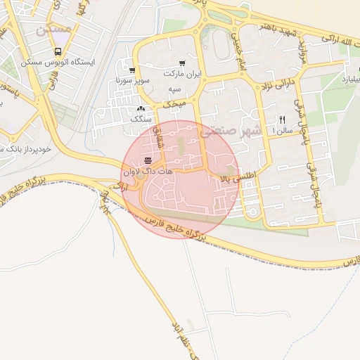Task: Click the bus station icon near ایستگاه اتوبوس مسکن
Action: [58, 51]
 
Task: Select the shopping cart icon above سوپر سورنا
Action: [131, 70]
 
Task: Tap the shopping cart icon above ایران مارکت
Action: [183, 63]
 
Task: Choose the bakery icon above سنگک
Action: [141, 108]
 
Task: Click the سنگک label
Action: [141, 120]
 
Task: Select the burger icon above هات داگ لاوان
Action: [147, 161]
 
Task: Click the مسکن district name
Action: [53, 30]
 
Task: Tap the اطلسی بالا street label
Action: [243, 174]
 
